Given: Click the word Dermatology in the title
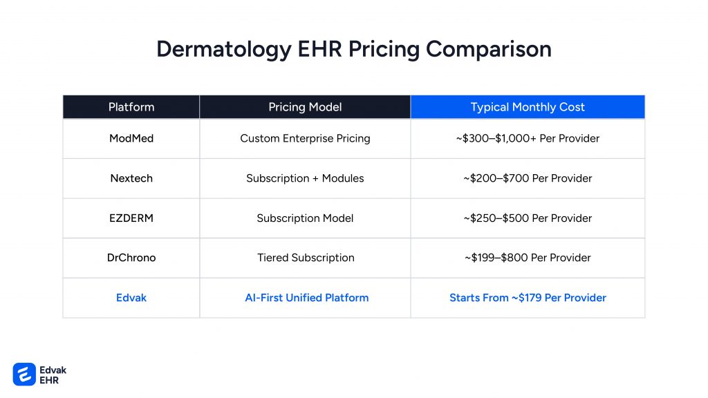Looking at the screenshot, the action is (224, 50).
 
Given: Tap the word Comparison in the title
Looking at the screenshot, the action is (489, 50).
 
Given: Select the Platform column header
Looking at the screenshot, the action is (131, 107).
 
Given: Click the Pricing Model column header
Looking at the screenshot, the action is (305, 107).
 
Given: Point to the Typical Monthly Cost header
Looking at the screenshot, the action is (528, 107).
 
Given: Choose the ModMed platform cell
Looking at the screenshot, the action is (131, 138).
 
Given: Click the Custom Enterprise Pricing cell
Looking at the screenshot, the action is (305, 138).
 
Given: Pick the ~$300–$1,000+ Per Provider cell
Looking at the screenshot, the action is (528, 138).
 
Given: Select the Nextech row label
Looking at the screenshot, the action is (131, 178).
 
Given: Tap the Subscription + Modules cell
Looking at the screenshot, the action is (305, 178).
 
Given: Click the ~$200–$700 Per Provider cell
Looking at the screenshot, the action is (528, 178).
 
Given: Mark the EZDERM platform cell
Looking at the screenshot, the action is (131, 218).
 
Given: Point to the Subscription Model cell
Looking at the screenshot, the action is (305, 218).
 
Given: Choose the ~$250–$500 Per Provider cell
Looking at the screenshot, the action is (528, 218).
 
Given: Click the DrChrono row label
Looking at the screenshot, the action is (131, 258).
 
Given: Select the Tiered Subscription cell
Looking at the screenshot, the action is (306, 258).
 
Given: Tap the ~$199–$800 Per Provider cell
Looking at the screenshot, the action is (528, 258).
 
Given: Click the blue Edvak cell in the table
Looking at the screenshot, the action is (131, 298).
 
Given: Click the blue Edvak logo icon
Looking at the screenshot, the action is (24, 375).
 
